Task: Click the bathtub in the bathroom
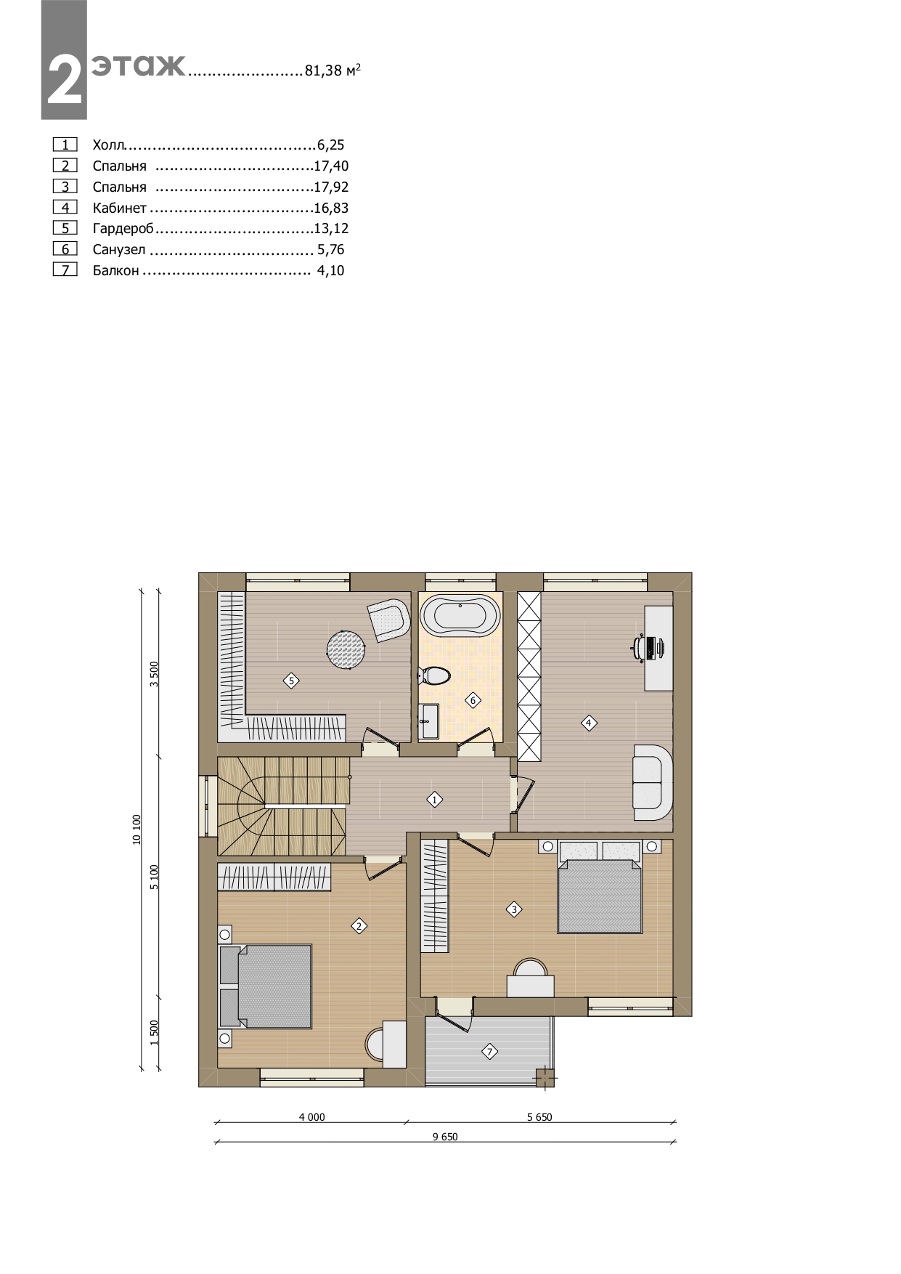pos(460,617)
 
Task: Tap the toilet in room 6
pos(433,676)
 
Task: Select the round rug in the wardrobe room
pos(346,649)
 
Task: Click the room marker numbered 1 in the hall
pos(434,800)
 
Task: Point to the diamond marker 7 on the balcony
pos(489,1051)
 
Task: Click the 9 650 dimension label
pos(445,1137)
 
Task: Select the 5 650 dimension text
pos(539,1117)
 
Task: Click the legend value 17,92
pos(331,187)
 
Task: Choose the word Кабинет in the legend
pos(120,208)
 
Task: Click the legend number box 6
pos(65,249)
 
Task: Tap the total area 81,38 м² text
pos(333,70)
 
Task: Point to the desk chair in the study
pos(640,647)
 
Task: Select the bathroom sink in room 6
pos(429,721)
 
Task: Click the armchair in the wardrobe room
pos(388,620)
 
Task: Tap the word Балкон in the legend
pos(115,271)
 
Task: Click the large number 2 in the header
pos(65,80)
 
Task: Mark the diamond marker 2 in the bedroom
pos(359,926)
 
